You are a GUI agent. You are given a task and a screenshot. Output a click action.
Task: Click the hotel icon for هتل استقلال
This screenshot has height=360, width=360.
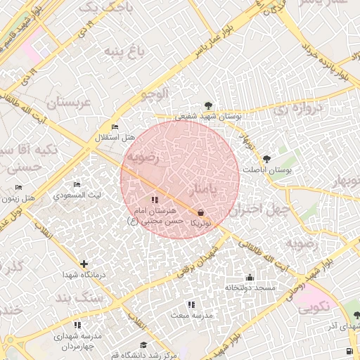(115, 127)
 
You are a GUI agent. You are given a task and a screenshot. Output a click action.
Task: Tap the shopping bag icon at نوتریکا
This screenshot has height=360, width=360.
(201, 212)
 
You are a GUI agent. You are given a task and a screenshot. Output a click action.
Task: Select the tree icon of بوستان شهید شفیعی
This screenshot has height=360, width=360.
(207, 105)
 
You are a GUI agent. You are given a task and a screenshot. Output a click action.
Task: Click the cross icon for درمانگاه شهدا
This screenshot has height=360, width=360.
(84, 264)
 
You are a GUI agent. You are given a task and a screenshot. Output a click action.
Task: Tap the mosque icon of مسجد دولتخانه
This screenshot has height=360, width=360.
(250, 277)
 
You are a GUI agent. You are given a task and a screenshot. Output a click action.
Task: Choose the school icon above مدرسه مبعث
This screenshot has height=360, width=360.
(191, 304)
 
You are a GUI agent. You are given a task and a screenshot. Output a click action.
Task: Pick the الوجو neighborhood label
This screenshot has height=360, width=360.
(155, 93)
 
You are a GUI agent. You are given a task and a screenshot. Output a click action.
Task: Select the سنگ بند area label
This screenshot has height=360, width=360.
(102, 298)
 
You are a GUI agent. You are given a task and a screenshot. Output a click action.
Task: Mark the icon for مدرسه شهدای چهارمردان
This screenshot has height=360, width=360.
(77, 325)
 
